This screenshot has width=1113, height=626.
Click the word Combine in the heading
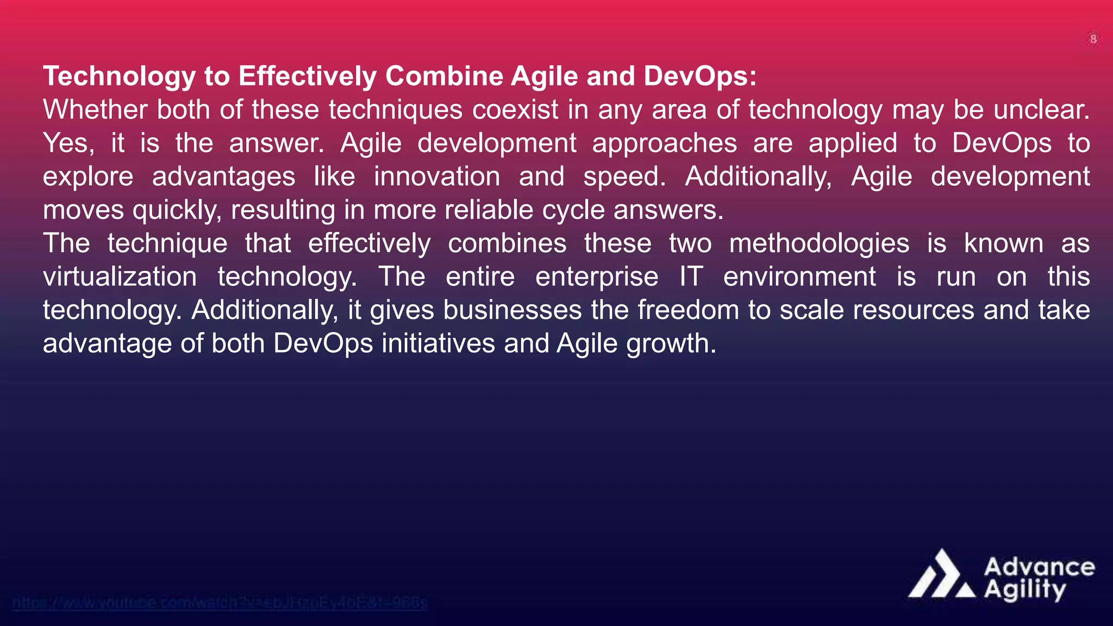(x=444, y=76)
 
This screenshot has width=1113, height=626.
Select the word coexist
(x=515, y=110)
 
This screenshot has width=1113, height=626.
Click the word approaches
(x=664, y=143)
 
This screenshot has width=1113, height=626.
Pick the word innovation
(x=436, y=177)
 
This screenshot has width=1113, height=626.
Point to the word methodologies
(x=819, y=243)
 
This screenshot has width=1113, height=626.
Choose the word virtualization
(x=120, y=277)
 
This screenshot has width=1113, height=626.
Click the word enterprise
(x=596, y=277)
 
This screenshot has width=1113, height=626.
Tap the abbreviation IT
(x=691, y=277)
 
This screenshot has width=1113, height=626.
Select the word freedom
(x=688, y=310)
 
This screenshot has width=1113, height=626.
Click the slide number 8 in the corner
(x=1093, y=39)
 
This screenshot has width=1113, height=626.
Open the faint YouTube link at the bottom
(x=220, y=603)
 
